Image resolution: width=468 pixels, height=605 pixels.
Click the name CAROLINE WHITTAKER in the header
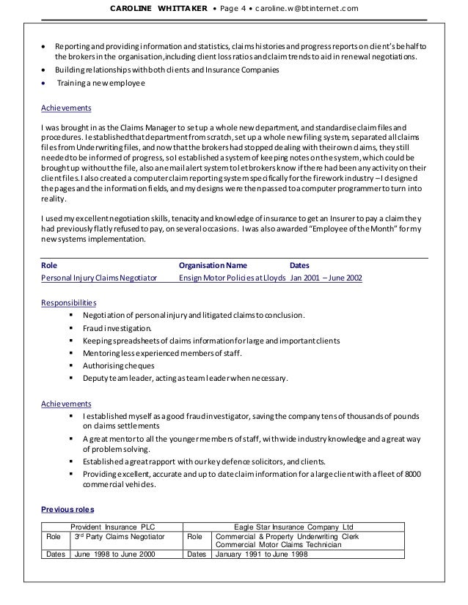(151, 8)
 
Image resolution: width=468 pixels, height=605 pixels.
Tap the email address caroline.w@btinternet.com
(307, 8)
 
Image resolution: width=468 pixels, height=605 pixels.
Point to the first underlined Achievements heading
(66, 108)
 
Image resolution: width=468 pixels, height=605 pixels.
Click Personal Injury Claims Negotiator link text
(99, 278)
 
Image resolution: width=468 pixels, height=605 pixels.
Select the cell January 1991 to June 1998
(261, 554)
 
